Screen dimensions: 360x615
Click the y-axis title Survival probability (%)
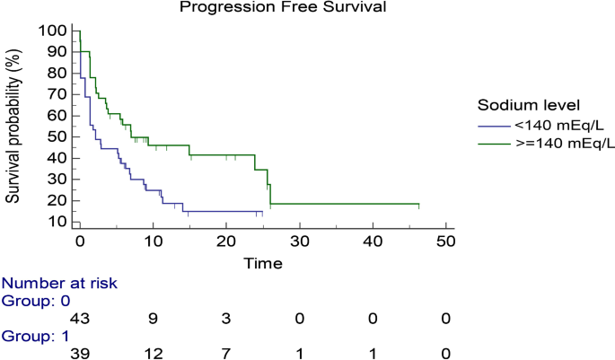click(15, 125)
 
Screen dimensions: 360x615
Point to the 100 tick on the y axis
click(52, 31)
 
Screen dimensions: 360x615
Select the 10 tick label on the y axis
click(56, 221)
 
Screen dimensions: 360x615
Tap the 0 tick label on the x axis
click(79, 241)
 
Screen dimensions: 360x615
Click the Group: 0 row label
click(40, 301)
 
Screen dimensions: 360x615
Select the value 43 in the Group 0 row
click(79, 319)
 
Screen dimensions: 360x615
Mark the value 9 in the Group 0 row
click(153, 319)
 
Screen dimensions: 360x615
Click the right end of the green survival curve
click(418, 205)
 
